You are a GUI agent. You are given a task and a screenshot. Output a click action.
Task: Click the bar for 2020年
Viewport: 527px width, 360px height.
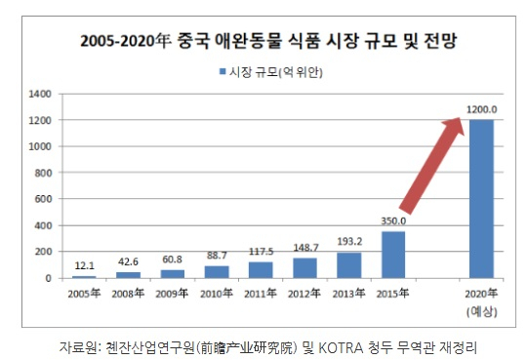[481, 199]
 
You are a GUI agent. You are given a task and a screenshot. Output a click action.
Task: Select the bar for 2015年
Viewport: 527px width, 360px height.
[392, 255]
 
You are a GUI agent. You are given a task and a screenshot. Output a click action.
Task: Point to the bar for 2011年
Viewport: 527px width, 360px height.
[260, 270]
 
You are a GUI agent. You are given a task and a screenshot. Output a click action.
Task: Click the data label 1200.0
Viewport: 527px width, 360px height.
[481, 109]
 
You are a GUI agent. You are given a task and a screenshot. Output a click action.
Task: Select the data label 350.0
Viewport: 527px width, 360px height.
[392, 221]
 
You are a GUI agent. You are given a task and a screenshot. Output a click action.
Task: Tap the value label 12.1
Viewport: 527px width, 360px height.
[84, 265]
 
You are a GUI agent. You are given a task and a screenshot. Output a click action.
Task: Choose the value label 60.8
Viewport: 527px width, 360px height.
[172, 260]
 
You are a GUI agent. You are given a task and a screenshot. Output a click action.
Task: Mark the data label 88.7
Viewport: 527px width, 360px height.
[216, 256]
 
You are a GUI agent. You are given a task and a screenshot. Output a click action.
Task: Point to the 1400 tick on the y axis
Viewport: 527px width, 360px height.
[40, 95]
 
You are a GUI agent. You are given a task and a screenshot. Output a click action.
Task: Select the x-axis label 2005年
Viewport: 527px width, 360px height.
[84, 293]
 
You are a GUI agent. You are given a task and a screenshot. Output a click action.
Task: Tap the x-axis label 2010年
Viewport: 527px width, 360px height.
[216, 293]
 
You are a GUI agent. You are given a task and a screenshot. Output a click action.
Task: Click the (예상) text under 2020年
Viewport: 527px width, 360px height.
[481, 309]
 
